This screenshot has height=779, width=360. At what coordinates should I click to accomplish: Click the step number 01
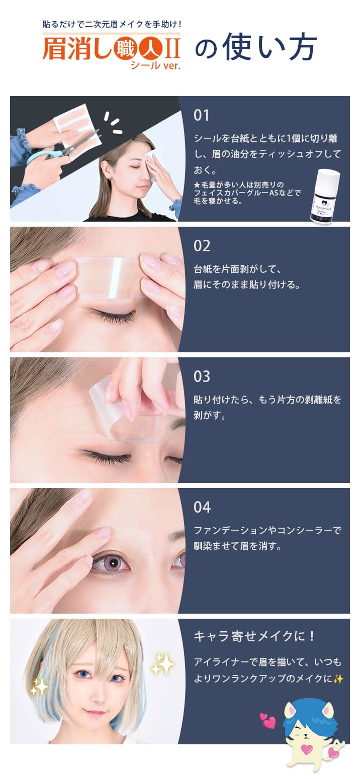(201, 115)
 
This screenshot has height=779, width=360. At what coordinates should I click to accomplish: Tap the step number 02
(202, 246)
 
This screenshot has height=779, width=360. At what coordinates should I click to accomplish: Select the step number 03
(202, 376)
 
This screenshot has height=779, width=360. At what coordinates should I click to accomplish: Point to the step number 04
(202, 507)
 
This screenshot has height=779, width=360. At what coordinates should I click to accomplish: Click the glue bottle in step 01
(325, 196)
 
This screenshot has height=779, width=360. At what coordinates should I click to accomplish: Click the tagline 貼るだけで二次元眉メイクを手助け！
(112, 24)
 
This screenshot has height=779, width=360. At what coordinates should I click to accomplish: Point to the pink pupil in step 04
(111, 563)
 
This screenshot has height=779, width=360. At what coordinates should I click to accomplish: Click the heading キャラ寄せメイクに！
(254, 636)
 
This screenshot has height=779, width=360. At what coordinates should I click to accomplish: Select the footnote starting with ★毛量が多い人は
(247, 193)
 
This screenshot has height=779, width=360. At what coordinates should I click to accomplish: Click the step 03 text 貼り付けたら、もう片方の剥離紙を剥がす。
(267, 408)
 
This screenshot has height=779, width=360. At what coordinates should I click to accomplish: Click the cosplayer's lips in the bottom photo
(96, 713)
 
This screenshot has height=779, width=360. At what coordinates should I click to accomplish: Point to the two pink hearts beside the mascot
(267, 721)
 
